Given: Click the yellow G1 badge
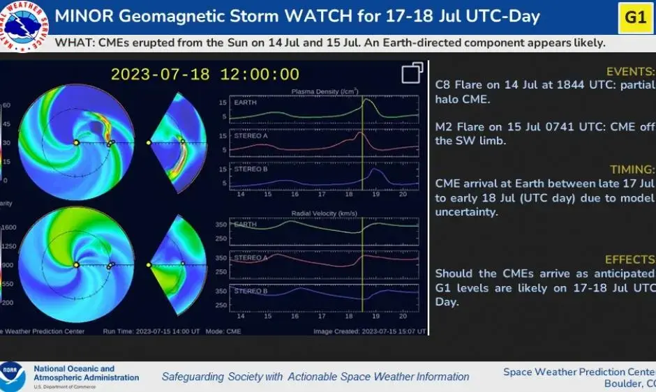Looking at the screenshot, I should [635, 17].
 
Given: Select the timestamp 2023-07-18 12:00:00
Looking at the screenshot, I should [205, 75].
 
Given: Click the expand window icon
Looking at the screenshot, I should [412, 73].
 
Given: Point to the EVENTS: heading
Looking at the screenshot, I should [630, 72].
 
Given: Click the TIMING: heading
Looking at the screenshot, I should [632, 169].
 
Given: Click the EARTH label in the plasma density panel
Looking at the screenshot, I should [245, 103].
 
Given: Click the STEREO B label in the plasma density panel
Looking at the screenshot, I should [251, 169].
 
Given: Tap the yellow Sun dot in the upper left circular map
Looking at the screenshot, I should [75, 142].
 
